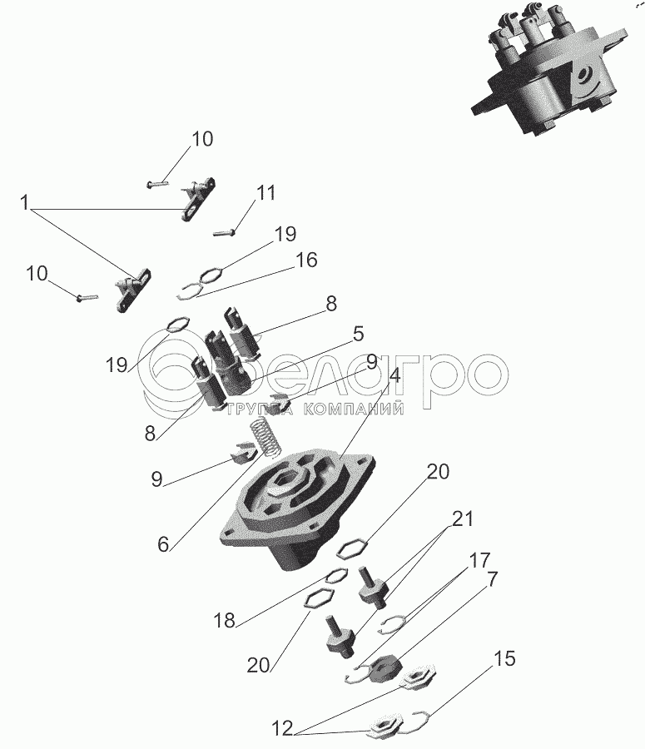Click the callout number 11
tap(265, 192)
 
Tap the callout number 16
tap(305, 260)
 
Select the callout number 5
tap(359, 334)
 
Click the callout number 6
tap(163, 544)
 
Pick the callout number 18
tap(225, 621)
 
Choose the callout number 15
tap(505, 659)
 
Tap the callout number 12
tap(282, 729)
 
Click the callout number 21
tap(462, 518)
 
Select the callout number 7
tap(492, 579)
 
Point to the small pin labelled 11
tap(224, 233)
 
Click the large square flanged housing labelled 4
tap(297, 506)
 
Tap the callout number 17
tap(479, 559)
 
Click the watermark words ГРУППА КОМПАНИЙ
tap(315, 409)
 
